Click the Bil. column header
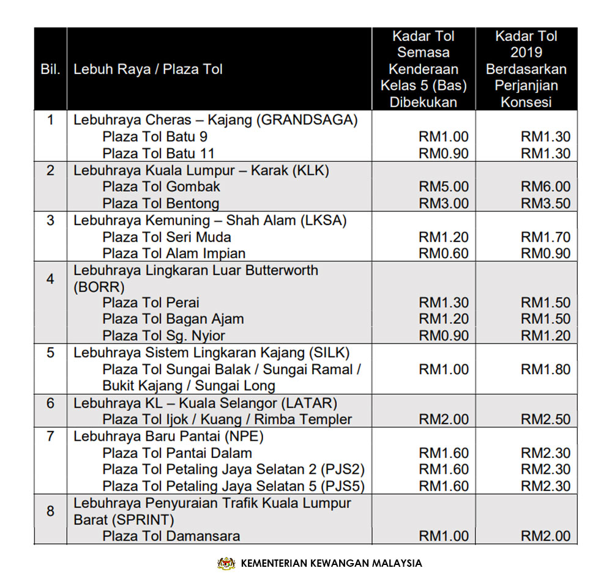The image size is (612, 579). tap(50, 69)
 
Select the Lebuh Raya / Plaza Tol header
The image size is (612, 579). tap(148, 69)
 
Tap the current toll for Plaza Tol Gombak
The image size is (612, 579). tap(444, 186)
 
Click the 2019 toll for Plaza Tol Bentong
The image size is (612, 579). tap(545, 204)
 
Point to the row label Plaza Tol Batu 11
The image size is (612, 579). tap(159, 153)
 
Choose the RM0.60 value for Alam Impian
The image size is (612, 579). tap(444, 254)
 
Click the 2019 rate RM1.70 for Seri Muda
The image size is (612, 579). tap(545, 237)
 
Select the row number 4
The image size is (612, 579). tap(50, 279)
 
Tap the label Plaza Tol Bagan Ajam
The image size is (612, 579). tap(173, 319)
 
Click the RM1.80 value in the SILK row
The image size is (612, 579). tap(545, 369)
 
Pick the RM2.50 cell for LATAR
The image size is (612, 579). tap(545, 419)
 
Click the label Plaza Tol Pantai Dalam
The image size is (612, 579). tap(177, 453)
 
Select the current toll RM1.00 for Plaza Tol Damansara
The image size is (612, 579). tap(444, 536)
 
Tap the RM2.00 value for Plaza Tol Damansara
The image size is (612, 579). tap(545, 536)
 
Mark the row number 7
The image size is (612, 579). tap(50, 437)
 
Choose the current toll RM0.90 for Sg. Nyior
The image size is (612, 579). tap(444, 336)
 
